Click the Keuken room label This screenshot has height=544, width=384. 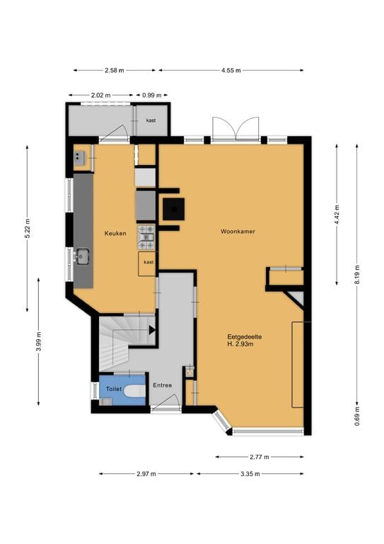click(x=115, y=233)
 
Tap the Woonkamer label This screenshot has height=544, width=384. click(x=237, y=232)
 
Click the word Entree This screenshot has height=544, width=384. click(x=162, y=385)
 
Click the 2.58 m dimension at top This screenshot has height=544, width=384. click(x=114, y=71)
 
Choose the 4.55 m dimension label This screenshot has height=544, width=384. click(x=231, y=71)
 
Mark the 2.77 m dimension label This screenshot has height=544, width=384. click(x=260, y=457)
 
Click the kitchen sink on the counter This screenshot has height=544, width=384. click(x=83, y=255)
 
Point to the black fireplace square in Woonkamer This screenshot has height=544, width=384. click(x=174, y=208)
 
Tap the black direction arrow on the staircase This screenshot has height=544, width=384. click(x=151, y=329)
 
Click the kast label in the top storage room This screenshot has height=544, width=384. click(x=151, y=120)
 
